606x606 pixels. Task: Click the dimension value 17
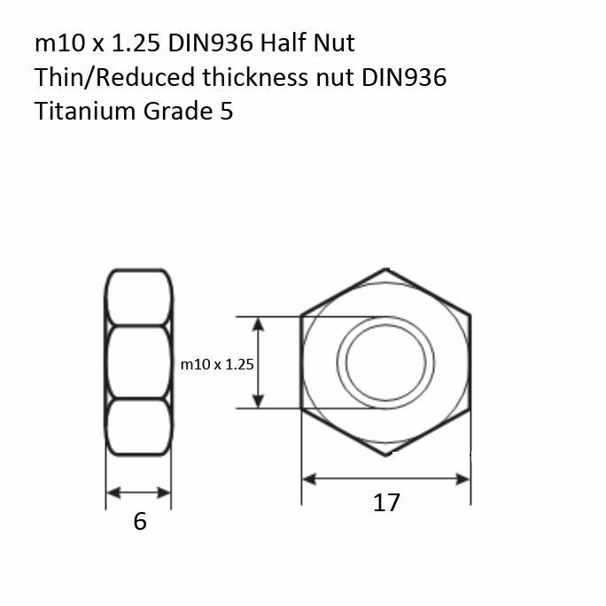(386, 503)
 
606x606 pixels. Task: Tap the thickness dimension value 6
(139, 522)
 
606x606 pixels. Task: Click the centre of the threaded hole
(385, 362)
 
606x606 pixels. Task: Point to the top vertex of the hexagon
(385, 268)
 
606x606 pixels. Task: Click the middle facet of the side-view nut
(138, 362)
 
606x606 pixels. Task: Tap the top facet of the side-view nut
(138, 298)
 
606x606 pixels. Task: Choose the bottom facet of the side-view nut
(138, 427)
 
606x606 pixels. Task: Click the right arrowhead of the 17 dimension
(463, 478)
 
